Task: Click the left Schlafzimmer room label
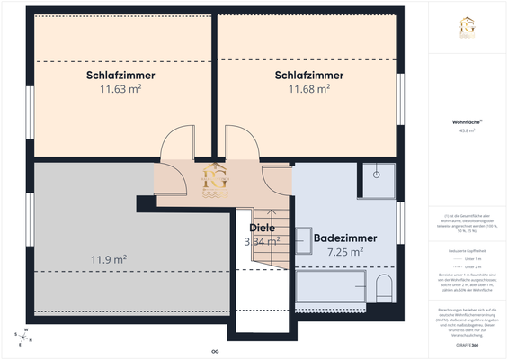tap(120, 75)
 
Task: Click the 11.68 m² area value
tap(308, 89)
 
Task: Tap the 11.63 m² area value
tap(120, 89)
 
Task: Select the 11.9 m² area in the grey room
tap(107, 260)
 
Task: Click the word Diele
tap(262, 228)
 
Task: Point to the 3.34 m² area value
tap(262, 241)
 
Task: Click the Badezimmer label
tap(344, 238)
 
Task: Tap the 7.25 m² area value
tap(344, 252)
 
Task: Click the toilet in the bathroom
tap(384, 289)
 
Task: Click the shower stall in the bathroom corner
tap(378, 180)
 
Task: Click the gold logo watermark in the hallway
tap(217, 180)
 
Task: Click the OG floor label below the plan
tap(215, 351)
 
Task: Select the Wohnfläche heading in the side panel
tap(466, 121)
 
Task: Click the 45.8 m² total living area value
tap(466, 130)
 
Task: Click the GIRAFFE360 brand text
tap(466, 346)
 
